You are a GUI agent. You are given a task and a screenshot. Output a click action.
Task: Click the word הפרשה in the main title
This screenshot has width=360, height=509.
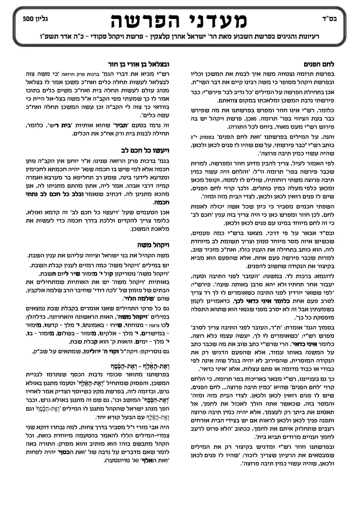(x=138, y=21)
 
